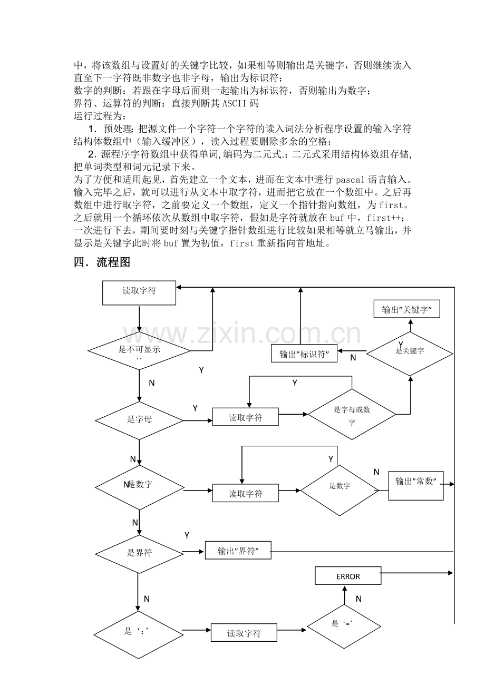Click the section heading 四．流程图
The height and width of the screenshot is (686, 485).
[102, 262]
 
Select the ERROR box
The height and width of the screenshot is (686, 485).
[348, 576]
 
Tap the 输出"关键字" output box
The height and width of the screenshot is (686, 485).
[406, 309]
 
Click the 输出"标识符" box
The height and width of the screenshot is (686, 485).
[304, 354]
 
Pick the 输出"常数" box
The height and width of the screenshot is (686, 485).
[416, 486]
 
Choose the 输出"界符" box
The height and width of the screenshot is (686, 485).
[238, 551]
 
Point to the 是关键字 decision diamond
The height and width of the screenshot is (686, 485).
[410, 354]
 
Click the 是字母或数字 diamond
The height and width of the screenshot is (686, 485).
[352, 414]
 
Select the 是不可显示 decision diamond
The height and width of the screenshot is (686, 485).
[139, 351]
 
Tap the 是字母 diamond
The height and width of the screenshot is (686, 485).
[139, 420]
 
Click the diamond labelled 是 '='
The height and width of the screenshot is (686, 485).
[344, 626]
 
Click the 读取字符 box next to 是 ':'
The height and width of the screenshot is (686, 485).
[244, 632]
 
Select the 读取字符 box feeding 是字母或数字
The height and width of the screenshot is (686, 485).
[246, 417]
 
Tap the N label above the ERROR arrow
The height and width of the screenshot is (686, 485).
[359, 599]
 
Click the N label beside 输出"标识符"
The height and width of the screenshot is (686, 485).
[353, 357]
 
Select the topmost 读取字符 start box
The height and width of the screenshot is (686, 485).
[139, 292]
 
